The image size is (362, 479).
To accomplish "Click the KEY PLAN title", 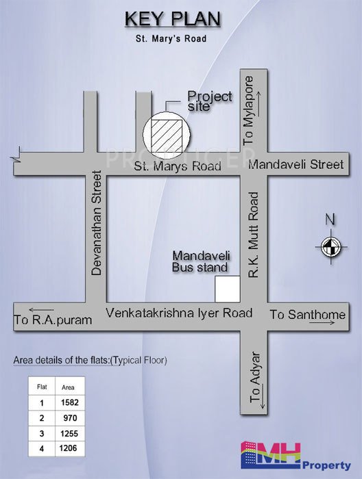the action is click(173, 18).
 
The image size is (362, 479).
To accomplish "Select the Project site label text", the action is click(210, 102).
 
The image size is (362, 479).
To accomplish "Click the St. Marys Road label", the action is click(178, 166).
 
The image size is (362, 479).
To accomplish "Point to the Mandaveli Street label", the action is click(295, 165).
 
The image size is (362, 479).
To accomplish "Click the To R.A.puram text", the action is click(53, 319).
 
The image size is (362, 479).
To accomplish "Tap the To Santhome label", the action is click(307, 315).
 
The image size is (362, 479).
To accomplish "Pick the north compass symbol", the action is click(330, 245).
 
